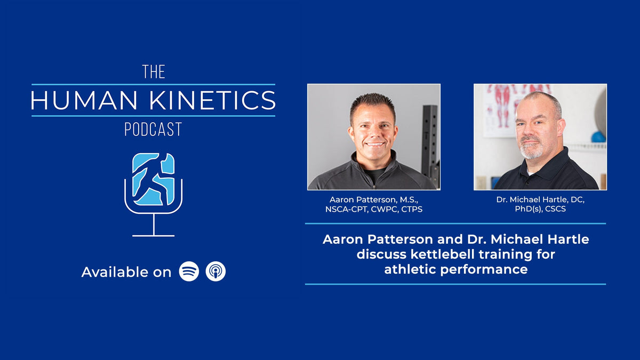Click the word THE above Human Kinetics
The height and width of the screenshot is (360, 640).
click(154, 72)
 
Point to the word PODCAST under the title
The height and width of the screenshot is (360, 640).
click(154, 129)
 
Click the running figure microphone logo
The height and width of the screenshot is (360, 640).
click(154, 180)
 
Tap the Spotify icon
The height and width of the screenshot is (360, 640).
click(189, 271)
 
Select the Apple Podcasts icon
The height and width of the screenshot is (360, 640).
click(215, 271)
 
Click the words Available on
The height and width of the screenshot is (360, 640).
click(126, 272)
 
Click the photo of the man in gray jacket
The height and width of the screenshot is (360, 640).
click(373, 137)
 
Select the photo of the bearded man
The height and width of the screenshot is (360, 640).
click(540, 137)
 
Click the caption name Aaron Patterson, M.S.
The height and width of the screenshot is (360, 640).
click(373, 199)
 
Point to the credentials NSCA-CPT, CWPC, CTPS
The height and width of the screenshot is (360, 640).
click(373, 209)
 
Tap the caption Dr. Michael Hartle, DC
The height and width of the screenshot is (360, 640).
click(540, 199)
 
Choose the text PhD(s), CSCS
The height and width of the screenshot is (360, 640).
click(540, 209)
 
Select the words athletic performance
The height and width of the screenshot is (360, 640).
click(455, 269)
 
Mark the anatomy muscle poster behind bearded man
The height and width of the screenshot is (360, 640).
click(501, 104)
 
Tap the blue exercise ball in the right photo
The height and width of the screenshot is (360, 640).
click(598, 137)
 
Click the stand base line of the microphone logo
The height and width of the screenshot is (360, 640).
click(154, 235)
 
